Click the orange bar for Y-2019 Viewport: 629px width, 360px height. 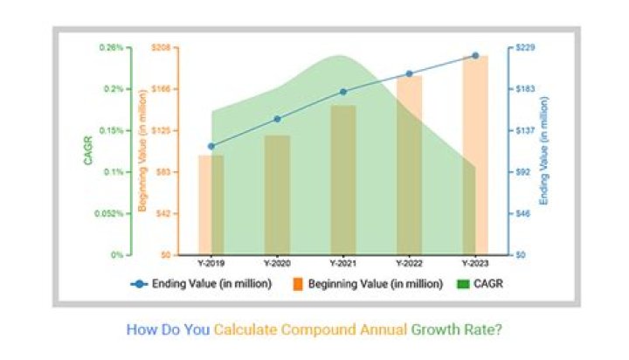coord(211,204)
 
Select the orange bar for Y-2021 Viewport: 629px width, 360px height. coord(343,179)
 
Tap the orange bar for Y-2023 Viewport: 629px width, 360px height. coord(475,155)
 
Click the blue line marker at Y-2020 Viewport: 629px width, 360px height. coord(277,119)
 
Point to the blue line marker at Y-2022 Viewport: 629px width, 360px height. coord(409,73)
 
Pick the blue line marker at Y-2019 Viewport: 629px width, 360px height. coord(211,146)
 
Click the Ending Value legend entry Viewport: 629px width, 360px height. coord(202,284)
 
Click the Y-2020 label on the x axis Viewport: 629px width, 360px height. coord(277,263)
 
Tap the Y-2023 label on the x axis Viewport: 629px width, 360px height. coord(475,263)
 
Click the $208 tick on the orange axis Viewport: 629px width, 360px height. coord(160,47)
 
